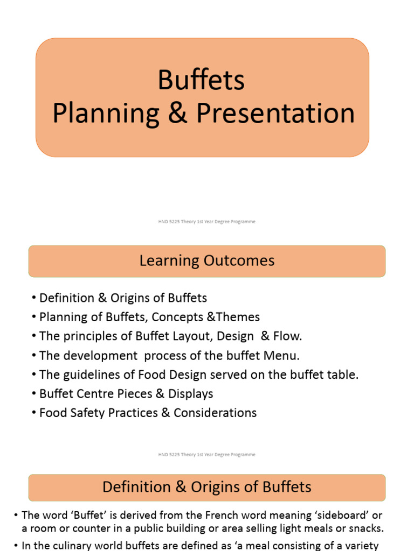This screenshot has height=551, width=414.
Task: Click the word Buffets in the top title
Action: (201, 81)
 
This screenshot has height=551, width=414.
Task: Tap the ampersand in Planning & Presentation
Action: (177, 114)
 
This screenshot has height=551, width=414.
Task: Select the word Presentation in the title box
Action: (275, 114)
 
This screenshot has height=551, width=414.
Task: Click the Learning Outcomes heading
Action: (207, 261)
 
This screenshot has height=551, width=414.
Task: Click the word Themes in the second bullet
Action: (239, 317)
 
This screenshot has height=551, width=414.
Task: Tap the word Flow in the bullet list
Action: (288, 336)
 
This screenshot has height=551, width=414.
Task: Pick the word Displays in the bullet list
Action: (191, 394)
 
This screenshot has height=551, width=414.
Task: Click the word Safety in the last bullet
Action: (89, 413)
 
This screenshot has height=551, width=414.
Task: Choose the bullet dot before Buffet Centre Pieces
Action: (34, 394)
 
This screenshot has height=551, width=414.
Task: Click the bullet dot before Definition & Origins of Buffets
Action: (34, 298)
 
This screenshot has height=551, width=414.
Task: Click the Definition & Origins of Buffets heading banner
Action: (207, 488)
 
